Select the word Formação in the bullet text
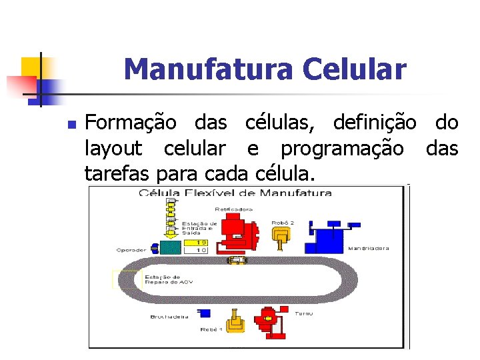(131, 123)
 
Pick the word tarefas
(117, 174)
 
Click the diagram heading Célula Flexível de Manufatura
(235, 193)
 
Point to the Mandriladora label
(369, 248)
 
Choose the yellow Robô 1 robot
(235, 322)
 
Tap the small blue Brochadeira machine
(205, 312)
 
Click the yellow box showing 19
(201, 243)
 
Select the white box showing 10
(201, 251)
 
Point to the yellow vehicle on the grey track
(235, 260)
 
